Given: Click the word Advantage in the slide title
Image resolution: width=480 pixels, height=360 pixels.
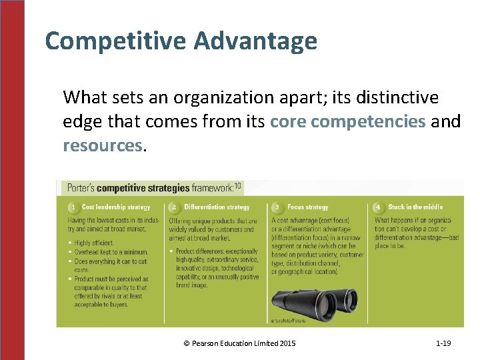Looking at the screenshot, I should [x=255, y=42].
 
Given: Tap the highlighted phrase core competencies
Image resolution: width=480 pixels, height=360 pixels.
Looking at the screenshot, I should [x=347, y=122].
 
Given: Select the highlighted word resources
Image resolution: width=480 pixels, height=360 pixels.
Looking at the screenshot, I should [x=102, y=145].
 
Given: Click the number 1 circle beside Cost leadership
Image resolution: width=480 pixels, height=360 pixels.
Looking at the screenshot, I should [x=73, y=207].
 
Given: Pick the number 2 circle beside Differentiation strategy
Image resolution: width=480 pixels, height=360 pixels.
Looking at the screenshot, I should [x=174, y=207].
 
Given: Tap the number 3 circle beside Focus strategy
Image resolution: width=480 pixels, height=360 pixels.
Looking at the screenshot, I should [x=277, y=207].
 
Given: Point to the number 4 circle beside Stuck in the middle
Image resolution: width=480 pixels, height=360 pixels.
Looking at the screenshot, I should [x=378, y=207].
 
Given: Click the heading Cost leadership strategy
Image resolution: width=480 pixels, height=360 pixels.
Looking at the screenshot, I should [x=116, y=207].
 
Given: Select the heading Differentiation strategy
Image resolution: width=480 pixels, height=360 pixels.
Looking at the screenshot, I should [x=217, y=207].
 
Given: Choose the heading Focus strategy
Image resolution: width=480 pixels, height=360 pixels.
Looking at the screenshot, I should [x=308, y=207].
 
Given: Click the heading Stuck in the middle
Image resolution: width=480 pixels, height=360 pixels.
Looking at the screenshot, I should [x=415, y=207].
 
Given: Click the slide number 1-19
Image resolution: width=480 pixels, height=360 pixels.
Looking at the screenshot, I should [x=443, y=343].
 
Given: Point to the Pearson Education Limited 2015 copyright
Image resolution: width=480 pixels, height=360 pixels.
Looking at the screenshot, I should [x=239, y=343].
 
